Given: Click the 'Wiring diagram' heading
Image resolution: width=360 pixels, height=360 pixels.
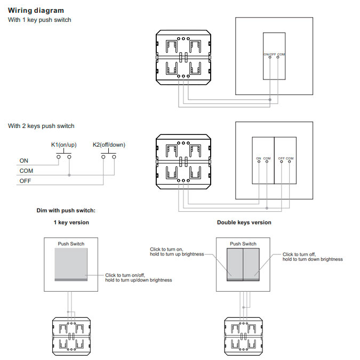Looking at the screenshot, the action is [36, 11].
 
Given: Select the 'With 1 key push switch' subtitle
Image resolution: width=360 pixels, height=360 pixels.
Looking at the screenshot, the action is [39, 20].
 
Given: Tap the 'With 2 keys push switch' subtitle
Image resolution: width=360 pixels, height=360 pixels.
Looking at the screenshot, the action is [41, 126].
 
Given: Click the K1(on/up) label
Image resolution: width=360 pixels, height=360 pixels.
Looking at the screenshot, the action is [63, 145].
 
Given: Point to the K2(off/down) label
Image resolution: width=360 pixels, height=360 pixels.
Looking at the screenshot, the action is [109, 145].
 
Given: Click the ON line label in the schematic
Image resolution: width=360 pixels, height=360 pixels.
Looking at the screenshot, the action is [24, 161].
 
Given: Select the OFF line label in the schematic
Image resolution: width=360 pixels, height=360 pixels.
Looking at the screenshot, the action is [25, 181].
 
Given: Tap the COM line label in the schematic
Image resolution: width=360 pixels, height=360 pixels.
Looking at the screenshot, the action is [26, 171].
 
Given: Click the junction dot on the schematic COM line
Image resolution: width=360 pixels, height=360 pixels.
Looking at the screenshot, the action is [69, 175].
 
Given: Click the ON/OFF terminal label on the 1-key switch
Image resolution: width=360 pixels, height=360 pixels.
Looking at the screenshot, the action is [270, 54].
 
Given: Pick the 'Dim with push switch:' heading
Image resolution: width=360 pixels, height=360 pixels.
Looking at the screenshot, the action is [66, 211].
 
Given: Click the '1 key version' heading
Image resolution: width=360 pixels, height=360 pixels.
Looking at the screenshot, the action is [71, 222].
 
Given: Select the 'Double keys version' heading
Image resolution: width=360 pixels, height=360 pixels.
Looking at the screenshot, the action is [244, 222].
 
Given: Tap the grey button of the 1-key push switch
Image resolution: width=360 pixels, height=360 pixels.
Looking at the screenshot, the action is [71, 265].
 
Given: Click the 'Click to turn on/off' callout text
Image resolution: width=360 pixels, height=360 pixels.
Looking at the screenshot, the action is [125, 275].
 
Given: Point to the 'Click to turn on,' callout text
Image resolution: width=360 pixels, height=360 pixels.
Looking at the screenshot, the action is [166, 250].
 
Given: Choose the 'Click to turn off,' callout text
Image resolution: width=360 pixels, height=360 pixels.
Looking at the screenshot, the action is [299, 254].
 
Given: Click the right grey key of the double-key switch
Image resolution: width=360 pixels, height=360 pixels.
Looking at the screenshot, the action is [251, 265].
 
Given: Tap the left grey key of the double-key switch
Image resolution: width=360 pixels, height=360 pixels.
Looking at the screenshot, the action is [235, 265].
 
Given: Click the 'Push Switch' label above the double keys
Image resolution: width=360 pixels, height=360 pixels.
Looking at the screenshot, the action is [243, 244].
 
